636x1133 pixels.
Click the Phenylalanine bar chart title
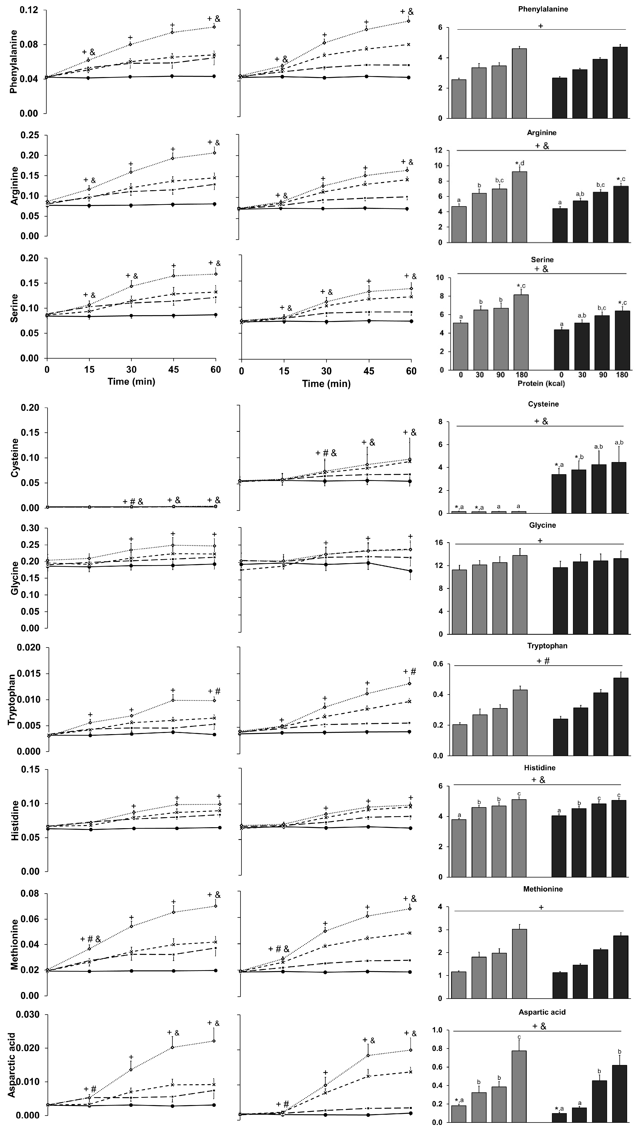pos(543,9)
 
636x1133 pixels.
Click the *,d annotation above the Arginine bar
pos(519,163)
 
